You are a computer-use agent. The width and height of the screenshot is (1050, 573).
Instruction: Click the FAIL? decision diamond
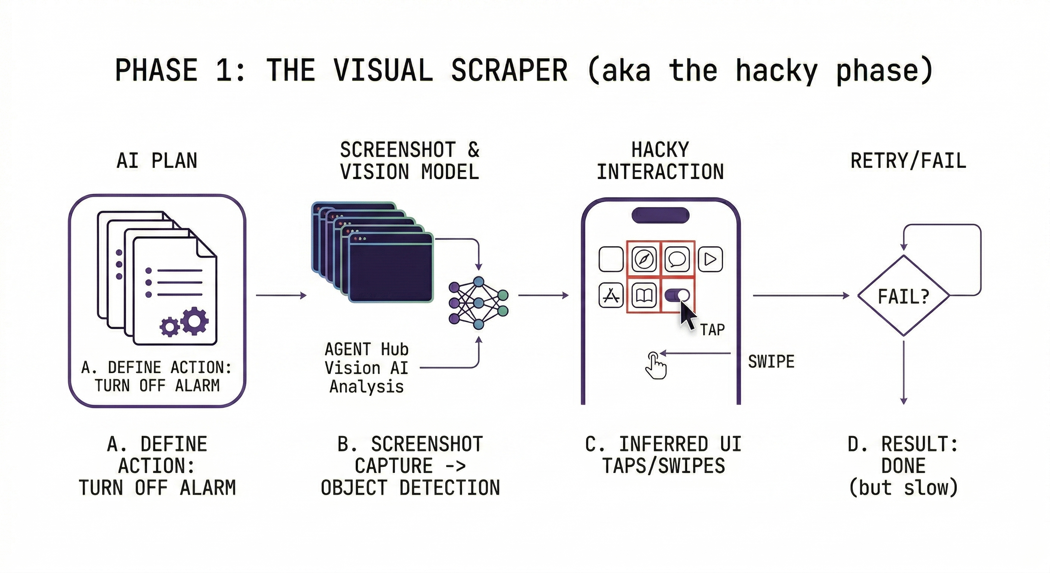pos(903,296)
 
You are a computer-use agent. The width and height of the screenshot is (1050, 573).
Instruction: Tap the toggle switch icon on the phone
pos(677,295)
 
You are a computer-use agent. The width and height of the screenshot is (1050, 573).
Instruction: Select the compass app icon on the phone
pos(644,259)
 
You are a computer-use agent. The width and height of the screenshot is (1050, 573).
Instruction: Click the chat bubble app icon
pos(677,259)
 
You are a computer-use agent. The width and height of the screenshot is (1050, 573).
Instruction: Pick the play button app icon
pos(710,259)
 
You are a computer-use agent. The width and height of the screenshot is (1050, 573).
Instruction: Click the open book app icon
pos(644,295)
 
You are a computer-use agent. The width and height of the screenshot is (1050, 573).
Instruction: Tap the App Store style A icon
pos(611,295)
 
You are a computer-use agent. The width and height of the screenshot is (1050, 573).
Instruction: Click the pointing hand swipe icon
pos(656,366)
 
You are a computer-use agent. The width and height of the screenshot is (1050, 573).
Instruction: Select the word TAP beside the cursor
pos(713,329)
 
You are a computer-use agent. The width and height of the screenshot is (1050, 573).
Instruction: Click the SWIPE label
pos(771,362)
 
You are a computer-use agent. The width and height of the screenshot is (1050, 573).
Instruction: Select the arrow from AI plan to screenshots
pos(281,295)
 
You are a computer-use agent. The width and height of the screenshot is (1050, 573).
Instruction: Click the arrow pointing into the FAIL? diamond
pos(801,295)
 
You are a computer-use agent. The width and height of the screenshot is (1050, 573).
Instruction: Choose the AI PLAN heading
pos(157,161)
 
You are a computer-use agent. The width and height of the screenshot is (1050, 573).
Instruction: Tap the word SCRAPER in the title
pos(509,70)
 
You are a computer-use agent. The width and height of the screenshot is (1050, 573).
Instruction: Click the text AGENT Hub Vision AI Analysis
pos(366,368)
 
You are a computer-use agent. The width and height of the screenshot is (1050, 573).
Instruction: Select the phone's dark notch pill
pos(660,215)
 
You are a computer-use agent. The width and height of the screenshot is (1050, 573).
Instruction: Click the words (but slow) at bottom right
pos(903,488)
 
